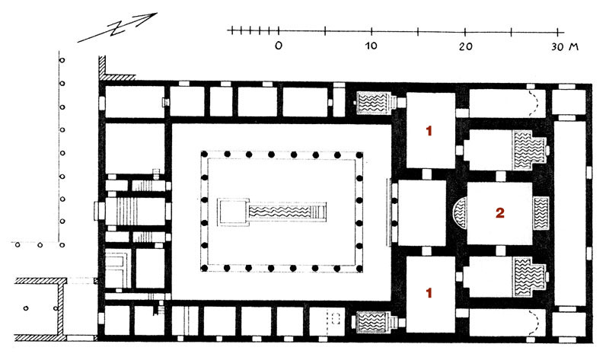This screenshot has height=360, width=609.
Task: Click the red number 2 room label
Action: point(499,213)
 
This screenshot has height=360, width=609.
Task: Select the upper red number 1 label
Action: point(429,131)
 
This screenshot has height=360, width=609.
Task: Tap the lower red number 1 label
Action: point(429,293)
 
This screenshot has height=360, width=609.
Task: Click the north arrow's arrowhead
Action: point(151,17)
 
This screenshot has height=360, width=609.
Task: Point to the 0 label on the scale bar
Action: point(279,46)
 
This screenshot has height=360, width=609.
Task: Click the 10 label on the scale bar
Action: point(371,46)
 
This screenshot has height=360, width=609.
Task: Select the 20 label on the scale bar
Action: point(465,46)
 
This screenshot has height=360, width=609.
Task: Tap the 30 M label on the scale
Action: point(565,47)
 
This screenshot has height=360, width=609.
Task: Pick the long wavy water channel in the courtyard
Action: point(282,212)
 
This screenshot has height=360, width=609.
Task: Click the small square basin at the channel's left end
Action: point(232,212)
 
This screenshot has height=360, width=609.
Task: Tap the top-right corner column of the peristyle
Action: point(359,155)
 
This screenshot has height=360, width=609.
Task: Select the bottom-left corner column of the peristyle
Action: point(204,268)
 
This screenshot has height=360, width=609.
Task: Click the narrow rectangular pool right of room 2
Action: point(540,213)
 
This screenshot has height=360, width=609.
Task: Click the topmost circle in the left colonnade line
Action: point(62,60)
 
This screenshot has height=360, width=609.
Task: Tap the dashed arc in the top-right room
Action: point(534,104)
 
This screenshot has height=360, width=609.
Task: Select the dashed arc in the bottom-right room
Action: point(534,322)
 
